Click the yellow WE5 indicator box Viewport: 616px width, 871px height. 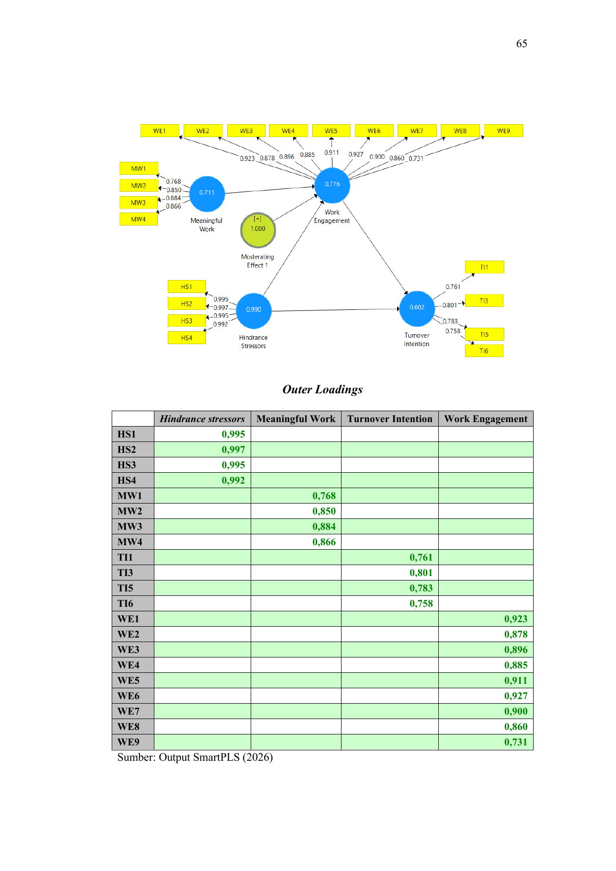331,131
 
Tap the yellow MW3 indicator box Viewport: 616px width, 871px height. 138,203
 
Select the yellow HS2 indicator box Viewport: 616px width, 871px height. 187,303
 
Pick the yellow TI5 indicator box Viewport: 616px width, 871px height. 484,334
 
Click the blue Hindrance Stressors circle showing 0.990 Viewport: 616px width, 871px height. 254,310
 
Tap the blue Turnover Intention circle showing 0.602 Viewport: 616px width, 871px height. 417,308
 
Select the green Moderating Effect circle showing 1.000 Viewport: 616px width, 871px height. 258,230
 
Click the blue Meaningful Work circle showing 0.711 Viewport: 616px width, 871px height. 207,193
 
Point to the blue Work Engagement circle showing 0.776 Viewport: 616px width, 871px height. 332,185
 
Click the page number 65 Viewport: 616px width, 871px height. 522,44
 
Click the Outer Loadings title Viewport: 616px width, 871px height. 323,389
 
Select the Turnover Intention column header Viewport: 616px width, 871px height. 390,419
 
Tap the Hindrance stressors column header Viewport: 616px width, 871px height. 203,419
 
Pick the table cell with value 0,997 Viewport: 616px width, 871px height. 203,449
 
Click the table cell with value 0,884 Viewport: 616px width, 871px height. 296,526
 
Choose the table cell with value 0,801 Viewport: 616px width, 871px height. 390,573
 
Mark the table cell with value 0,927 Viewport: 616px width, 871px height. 486,696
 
